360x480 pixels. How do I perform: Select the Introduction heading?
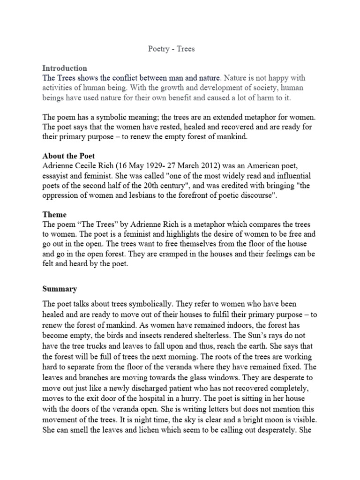65,68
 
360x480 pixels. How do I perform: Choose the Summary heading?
60,289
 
